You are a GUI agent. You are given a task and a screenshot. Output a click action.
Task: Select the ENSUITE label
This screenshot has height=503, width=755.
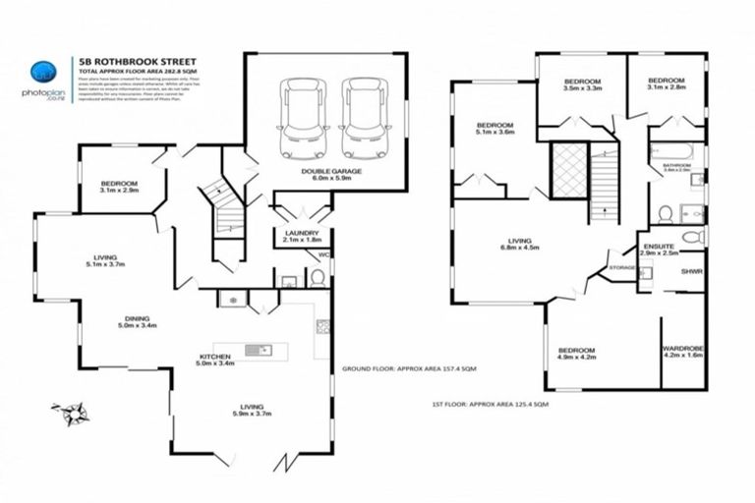[x=659, y=249]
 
